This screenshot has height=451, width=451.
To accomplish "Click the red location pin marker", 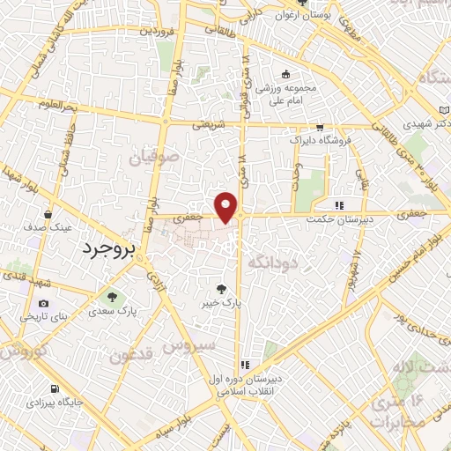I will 227,207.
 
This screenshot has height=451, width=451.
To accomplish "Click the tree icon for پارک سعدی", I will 111,296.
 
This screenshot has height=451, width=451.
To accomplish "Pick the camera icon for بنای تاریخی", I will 44,304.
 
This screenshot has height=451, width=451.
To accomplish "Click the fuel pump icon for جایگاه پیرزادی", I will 55,388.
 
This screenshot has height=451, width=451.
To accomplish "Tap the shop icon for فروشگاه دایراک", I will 319,127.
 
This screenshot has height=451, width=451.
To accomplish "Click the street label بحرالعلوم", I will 59,105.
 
